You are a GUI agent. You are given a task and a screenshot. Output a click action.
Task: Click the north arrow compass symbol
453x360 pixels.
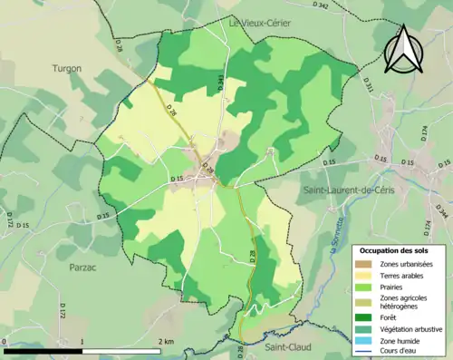[x=400, y=51]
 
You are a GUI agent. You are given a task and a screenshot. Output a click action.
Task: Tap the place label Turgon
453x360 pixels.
[x=67, y=68]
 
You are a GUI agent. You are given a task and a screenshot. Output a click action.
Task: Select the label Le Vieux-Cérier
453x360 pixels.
[x=260, y=24]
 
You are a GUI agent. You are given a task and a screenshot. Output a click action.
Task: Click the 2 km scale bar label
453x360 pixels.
[x=166, y=341]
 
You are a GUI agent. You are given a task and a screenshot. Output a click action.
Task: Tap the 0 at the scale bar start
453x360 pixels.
[x=5, y=341]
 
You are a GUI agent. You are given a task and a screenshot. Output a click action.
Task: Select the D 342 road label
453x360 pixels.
[x=322, y=5]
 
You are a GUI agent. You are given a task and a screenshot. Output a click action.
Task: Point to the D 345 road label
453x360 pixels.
[x=220, y=83]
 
